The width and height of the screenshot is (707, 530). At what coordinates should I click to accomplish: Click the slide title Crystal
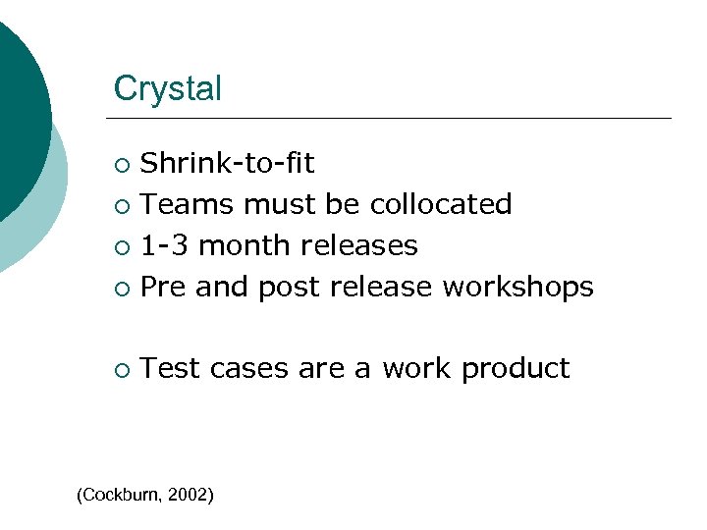[168, 89]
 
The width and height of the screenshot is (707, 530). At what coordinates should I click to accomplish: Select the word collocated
[441, 204]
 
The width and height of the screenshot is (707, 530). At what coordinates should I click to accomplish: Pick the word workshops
[518, 287]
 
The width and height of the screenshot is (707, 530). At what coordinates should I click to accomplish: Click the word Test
[171, 368]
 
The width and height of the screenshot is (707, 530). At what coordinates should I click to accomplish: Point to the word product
[516, 369]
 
